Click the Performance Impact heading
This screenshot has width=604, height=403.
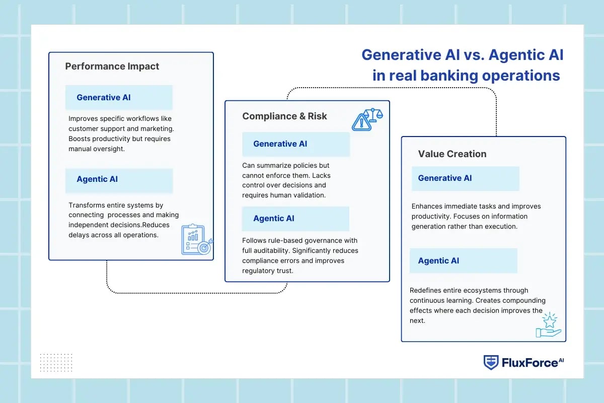coord(112,66)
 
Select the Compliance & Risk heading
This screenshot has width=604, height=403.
coord(284,116)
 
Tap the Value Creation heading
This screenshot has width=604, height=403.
coord(452,154)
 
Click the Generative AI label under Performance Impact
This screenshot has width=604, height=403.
coord(103,97)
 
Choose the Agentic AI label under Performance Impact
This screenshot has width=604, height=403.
coord(97,179)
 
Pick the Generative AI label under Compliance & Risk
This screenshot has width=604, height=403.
coord(280,144)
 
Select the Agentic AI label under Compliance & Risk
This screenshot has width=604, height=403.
coord(274,218)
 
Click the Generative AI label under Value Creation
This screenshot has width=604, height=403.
coord(445,178)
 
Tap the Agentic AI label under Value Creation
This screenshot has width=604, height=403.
coord(438,260)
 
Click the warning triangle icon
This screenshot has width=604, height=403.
coord(361,122)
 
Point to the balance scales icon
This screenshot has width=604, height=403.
coord(373,114)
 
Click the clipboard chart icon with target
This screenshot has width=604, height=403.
coord(196,240)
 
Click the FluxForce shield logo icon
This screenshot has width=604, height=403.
coord(491,362)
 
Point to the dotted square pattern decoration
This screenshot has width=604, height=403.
coord(56,362)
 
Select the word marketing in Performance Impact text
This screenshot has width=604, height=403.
coord(156,128)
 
